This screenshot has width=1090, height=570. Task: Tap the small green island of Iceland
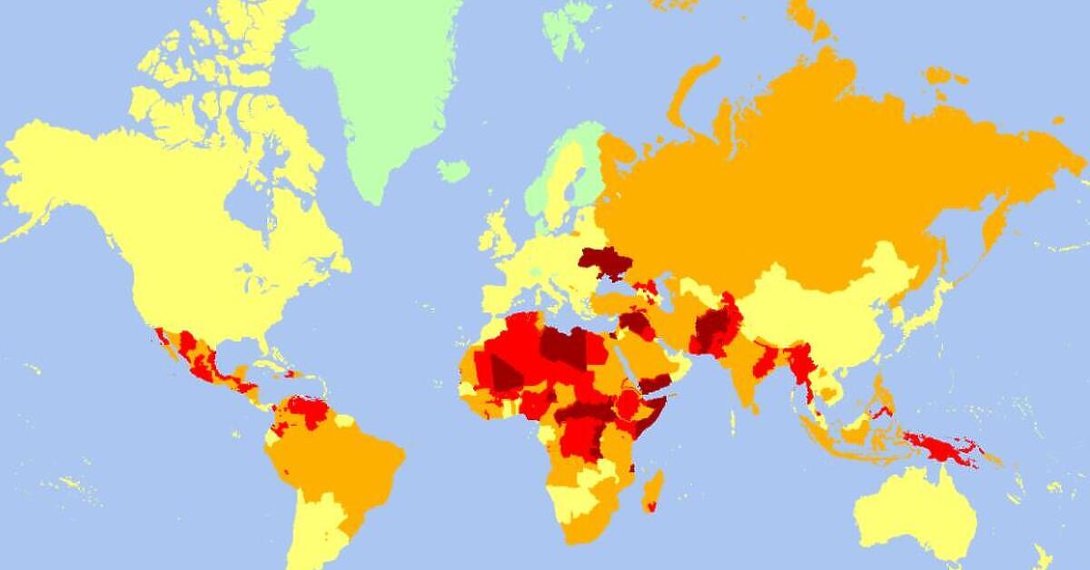(x=452, y=170)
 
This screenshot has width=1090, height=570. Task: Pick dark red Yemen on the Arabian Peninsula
(x=656, y=382)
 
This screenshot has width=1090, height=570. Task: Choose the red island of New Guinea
(x=945, y=449)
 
